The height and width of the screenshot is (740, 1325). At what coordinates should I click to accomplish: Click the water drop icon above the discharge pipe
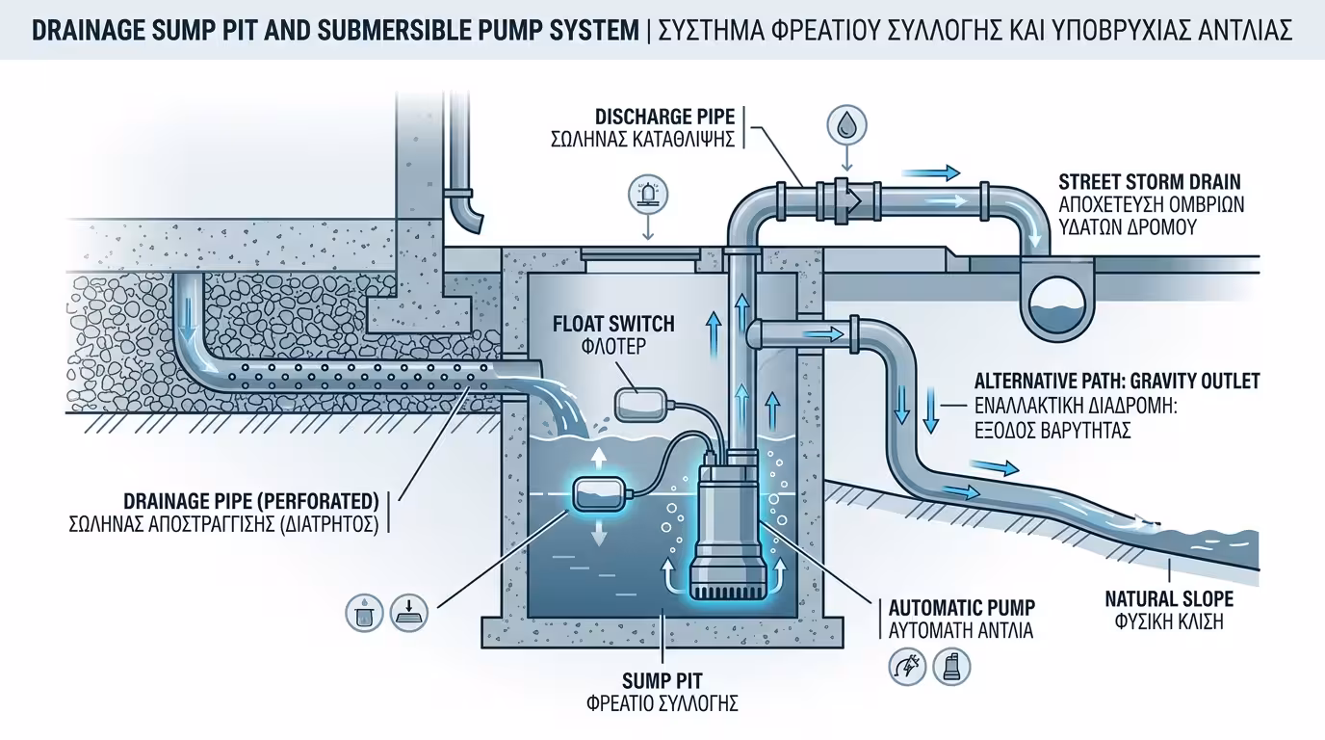[847, 123]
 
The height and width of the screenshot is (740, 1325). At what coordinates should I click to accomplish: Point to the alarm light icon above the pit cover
[646, 195]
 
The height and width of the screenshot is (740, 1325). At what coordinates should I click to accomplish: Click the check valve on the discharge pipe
[845, 197]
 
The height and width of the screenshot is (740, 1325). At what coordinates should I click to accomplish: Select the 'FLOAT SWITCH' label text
[613, 325]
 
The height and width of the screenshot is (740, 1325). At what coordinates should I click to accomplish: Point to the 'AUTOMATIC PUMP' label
[961, 608]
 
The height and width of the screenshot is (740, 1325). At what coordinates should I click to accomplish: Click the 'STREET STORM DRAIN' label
[1149, 182]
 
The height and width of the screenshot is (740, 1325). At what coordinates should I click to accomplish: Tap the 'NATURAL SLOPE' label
[1168, 599]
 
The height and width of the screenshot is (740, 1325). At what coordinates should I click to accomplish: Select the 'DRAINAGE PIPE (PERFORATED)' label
[249, 502]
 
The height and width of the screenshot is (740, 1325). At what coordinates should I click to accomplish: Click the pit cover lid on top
[639, 252]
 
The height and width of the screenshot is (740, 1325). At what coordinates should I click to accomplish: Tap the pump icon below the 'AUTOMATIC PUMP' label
[951, 666]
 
